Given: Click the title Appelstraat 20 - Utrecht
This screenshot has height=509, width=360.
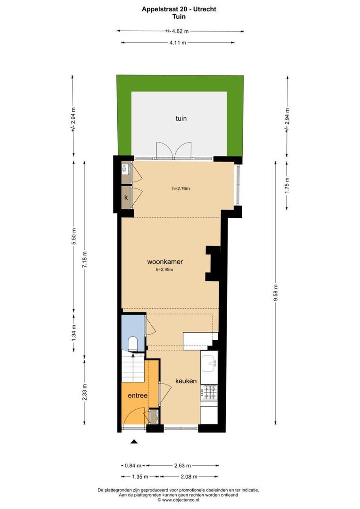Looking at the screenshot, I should point(180,8).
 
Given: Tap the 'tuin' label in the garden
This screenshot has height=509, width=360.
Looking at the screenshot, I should point(181,118).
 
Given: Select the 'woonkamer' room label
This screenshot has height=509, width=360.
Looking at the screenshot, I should point(165,262).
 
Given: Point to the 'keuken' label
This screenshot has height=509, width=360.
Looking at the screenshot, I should point(186,381).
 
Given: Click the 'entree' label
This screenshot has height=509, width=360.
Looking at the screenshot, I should point(138,396).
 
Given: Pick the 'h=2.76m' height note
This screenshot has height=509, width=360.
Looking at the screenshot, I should point(181,189).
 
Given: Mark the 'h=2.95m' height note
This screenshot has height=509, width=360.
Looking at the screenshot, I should point(164,270).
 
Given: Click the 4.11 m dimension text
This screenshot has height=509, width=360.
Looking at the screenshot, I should point(178,43).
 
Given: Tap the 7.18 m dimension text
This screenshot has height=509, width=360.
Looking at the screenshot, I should point(85,260).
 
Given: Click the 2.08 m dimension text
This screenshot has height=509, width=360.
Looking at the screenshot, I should point(188,476).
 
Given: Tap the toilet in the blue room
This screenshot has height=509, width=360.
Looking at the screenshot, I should point(133,343).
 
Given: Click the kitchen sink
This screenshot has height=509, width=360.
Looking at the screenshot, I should point(209,362).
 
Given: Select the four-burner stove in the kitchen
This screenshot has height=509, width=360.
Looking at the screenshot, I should point(209,391).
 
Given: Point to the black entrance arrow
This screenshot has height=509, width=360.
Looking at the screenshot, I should point(134,442).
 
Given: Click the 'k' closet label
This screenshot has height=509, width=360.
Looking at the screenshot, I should point(126,198).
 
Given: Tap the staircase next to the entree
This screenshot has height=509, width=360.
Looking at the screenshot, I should point(132,368).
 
